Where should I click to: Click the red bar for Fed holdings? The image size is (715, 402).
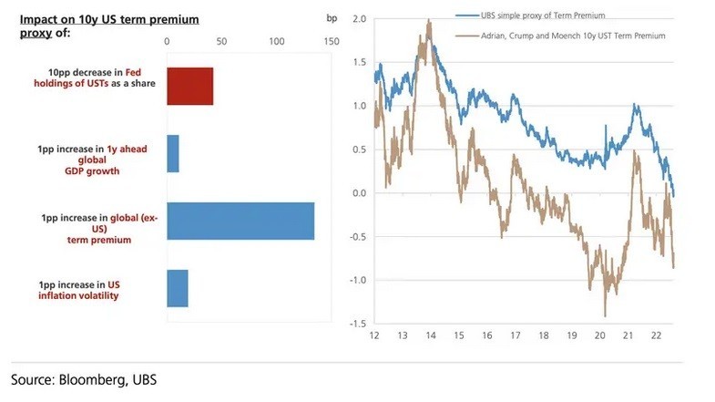click(x=189, y=87)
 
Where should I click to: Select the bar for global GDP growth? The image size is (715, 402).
click(x=173, y=153)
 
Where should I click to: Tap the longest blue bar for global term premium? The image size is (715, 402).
click(x=240, y=221)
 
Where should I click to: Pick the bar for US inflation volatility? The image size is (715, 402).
click(x=178, y=288)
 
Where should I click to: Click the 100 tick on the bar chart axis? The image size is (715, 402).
click(x=277, y=41)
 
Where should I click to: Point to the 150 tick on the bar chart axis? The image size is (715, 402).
click(x=331, y=41)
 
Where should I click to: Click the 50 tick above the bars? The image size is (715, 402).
click(x=221, y=41)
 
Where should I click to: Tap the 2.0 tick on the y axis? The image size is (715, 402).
click(x=358, y=19)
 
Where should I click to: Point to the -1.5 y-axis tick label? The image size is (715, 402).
click(x=356, y=324)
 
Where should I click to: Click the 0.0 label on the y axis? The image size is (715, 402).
click(x=358, y=193)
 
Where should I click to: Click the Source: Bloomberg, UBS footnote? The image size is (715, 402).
click(x=77, y=377)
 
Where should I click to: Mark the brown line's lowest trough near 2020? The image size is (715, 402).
click(x=605, y=315)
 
